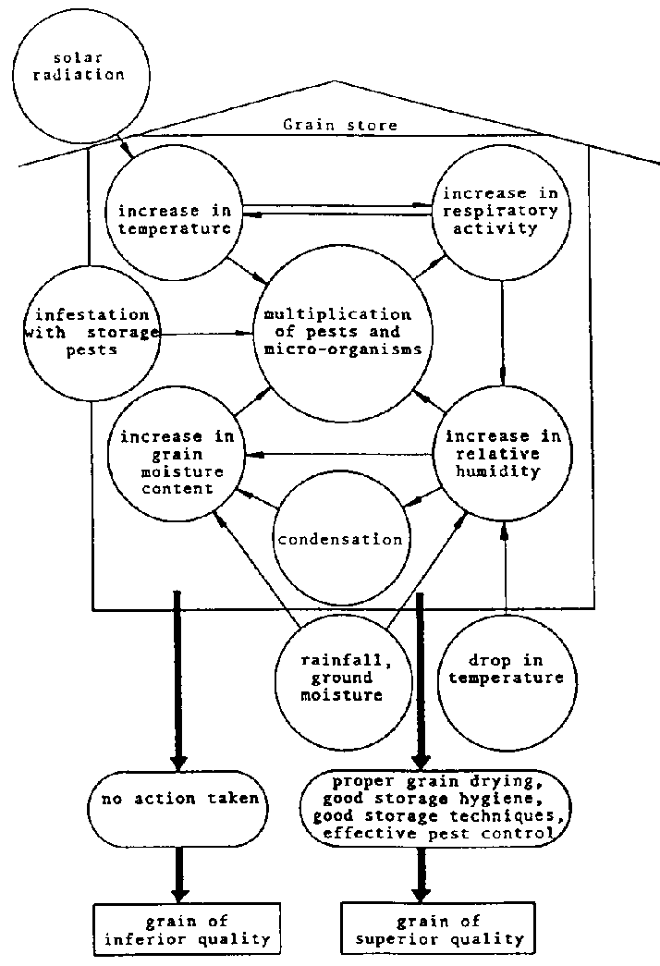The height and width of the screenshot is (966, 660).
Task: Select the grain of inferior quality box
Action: (x=181, y=930)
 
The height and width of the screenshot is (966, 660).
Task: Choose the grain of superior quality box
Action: (x=433, y=930)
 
